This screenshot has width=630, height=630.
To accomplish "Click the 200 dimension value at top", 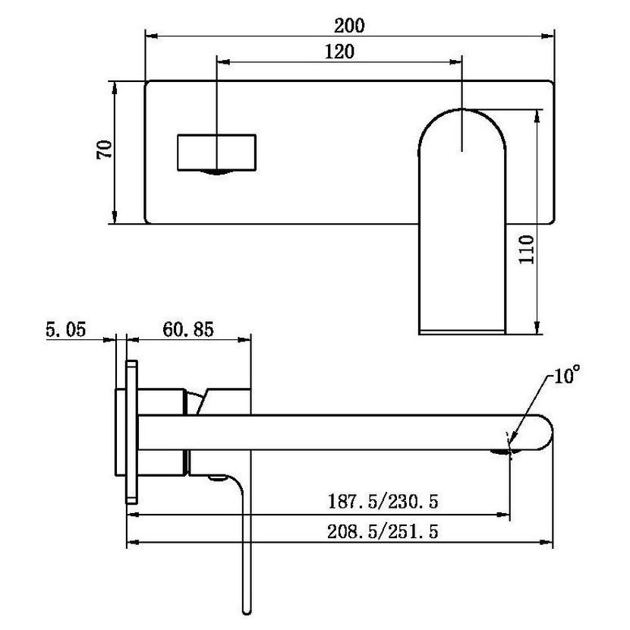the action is click(x=349, y=26).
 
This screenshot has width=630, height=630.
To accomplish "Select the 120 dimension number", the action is click(x=339, y=52).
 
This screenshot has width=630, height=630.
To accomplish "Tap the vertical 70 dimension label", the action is click(x=104, y=150).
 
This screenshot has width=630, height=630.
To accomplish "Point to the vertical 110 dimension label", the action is click(x=526, y=249).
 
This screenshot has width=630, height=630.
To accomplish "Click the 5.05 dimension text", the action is click(x=65, y=329).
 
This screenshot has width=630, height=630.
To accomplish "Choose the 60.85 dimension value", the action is click(x=188, y=329).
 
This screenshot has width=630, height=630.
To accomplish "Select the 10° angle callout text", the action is click(x=567, y=375).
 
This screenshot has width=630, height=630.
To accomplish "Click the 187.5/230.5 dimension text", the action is click(x=383, y=502).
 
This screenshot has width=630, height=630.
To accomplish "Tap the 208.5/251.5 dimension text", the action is click(x=383, y=531).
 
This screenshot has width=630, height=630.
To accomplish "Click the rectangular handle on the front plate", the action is click(x=216, y=153).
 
